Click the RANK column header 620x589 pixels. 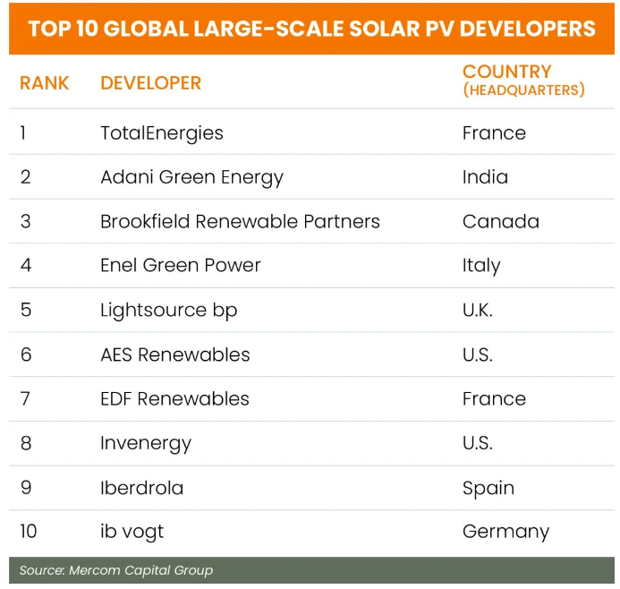[44, 83]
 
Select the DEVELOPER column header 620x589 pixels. [150, 83]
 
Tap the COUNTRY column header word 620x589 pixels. [506, 72]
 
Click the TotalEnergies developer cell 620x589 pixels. [161, 133]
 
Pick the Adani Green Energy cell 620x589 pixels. [191, 177]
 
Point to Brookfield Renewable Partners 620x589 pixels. [240, 221]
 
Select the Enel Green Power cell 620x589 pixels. [180, 266]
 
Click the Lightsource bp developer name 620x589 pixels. [168, 311]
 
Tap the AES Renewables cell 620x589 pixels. [174, 354]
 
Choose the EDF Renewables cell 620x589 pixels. [174, 398]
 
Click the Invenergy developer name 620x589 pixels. [146, 443]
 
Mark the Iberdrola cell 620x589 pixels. [141, 488]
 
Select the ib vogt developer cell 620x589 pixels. [132, 532]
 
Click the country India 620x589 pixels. [485, 177]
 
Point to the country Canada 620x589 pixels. [500, 221]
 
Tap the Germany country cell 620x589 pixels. [505, 532]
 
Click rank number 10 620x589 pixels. [28, 532]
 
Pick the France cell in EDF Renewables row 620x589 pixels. [494, 398]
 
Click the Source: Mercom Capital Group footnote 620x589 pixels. [116, 570]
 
